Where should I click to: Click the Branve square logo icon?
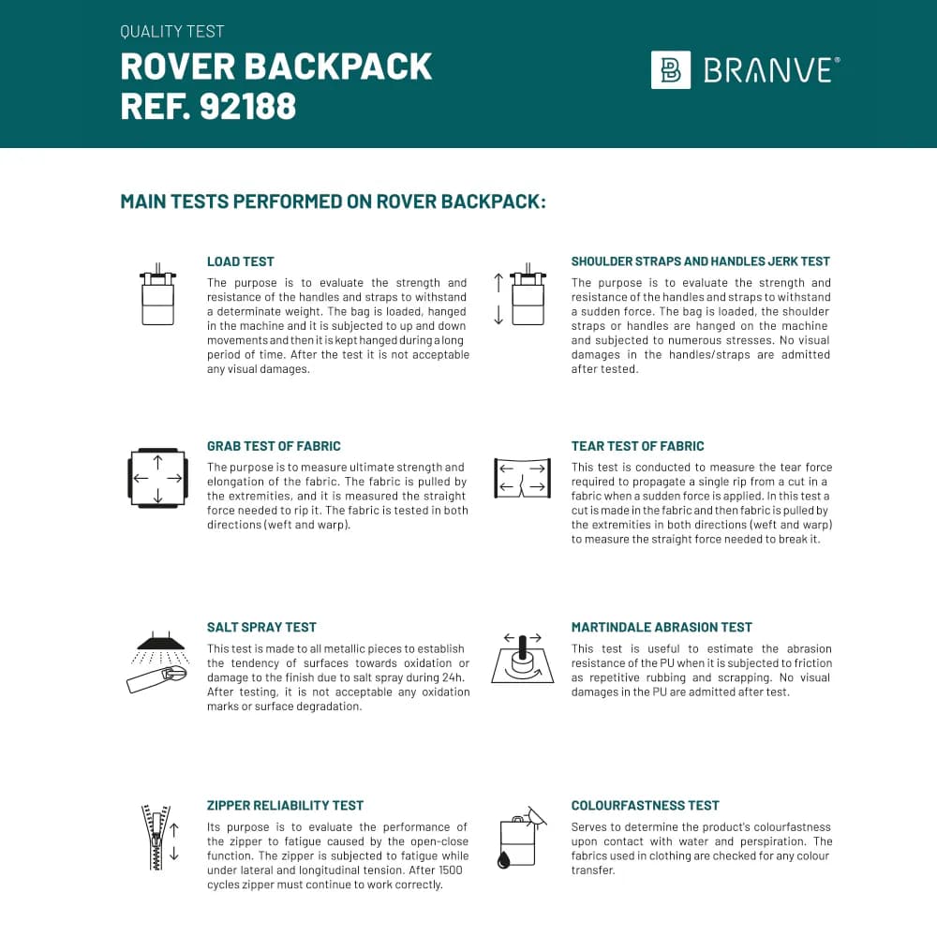[671, 70]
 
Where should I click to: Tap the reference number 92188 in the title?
[247, 107]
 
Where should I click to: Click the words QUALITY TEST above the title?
[172, 32]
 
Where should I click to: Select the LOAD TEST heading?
[241, 261]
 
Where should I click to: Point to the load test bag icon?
[157, 294]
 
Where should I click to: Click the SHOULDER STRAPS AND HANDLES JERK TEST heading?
[701, 261]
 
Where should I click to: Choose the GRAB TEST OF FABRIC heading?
[274, 446]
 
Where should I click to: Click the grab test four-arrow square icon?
[157, 477]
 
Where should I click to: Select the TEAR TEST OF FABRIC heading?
[637, 446]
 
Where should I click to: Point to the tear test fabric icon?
[522, 477]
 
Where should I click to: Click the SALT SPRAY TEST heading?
[261, 627]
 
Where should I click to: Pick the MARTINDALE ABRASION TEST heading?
[662, 627]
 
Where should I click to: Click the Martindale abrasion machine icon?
[522, 658]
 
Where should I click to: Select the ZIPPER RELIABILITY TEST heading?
[285, 805]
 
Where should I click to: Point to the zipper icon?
[157, 836]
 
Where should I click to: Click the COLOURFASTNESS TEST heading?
[646, 805]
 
